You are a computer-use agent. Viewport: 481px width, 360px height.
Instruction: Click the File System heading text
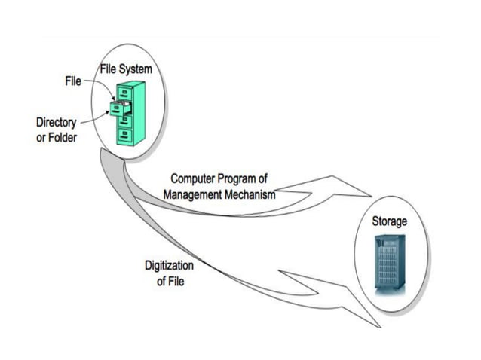(x=126, y=69)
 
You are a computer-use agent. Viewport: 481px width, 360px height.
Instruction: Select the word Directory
(x=56, y=123)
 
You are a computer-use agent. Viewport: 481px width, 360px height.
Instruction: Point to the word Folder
(x=63, y=139)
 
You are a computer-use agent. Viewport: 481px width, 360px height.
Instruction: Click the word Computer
(x=194, y=179)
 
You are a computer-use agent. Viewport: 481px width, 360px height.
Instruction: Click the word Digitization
(x=170, y=266)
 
